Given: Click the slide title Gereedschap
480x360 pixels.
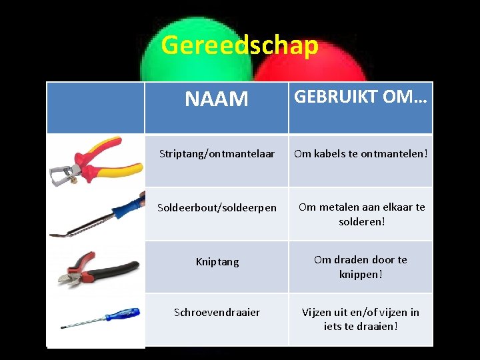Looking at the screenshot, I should click(239, 45).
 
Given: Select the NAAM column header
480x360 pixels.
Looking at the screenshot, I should click(217, 99).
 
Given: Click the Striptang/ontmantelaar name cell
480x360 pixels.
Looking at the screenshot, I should click(217, 154).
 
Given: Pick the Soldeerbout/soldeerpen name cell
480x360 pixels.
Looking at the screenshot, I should click(217, 208).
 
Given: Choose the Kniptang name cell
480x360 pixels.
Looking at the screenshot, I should click(217, 262).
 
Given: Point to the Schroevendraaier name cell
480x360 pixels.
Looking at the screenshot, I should click(217, 313).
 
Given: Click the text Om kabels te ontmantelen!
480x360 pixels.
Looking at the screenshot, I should click(361, 154).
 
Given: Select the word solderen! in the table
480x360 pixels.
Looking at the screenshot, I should click(361, 221).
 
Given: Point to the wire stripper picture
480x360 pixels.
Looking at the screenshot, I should click(87, 160).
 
